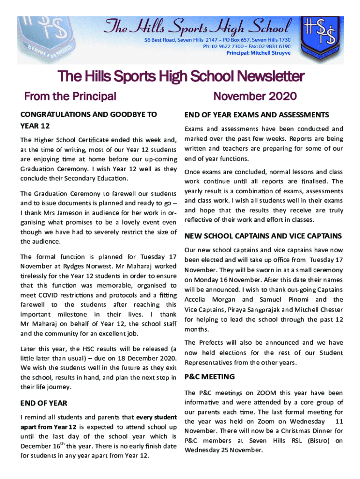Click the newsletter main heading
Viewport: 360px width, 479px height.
(180, 76)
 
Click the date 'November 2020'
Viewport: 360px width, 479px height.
(255, 97)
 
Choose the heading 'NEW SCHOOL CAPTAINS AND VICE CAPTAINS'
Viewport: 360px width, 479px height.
(263, 236)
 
